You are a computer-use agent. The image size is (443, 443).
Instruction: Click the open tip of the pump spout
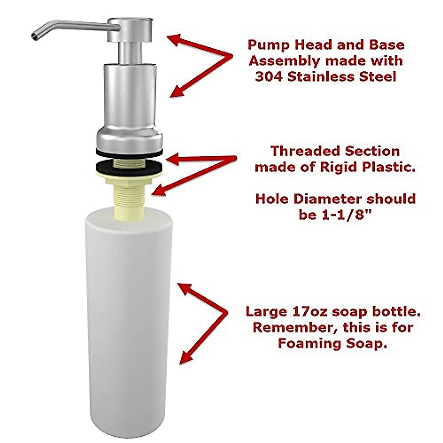34,36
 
